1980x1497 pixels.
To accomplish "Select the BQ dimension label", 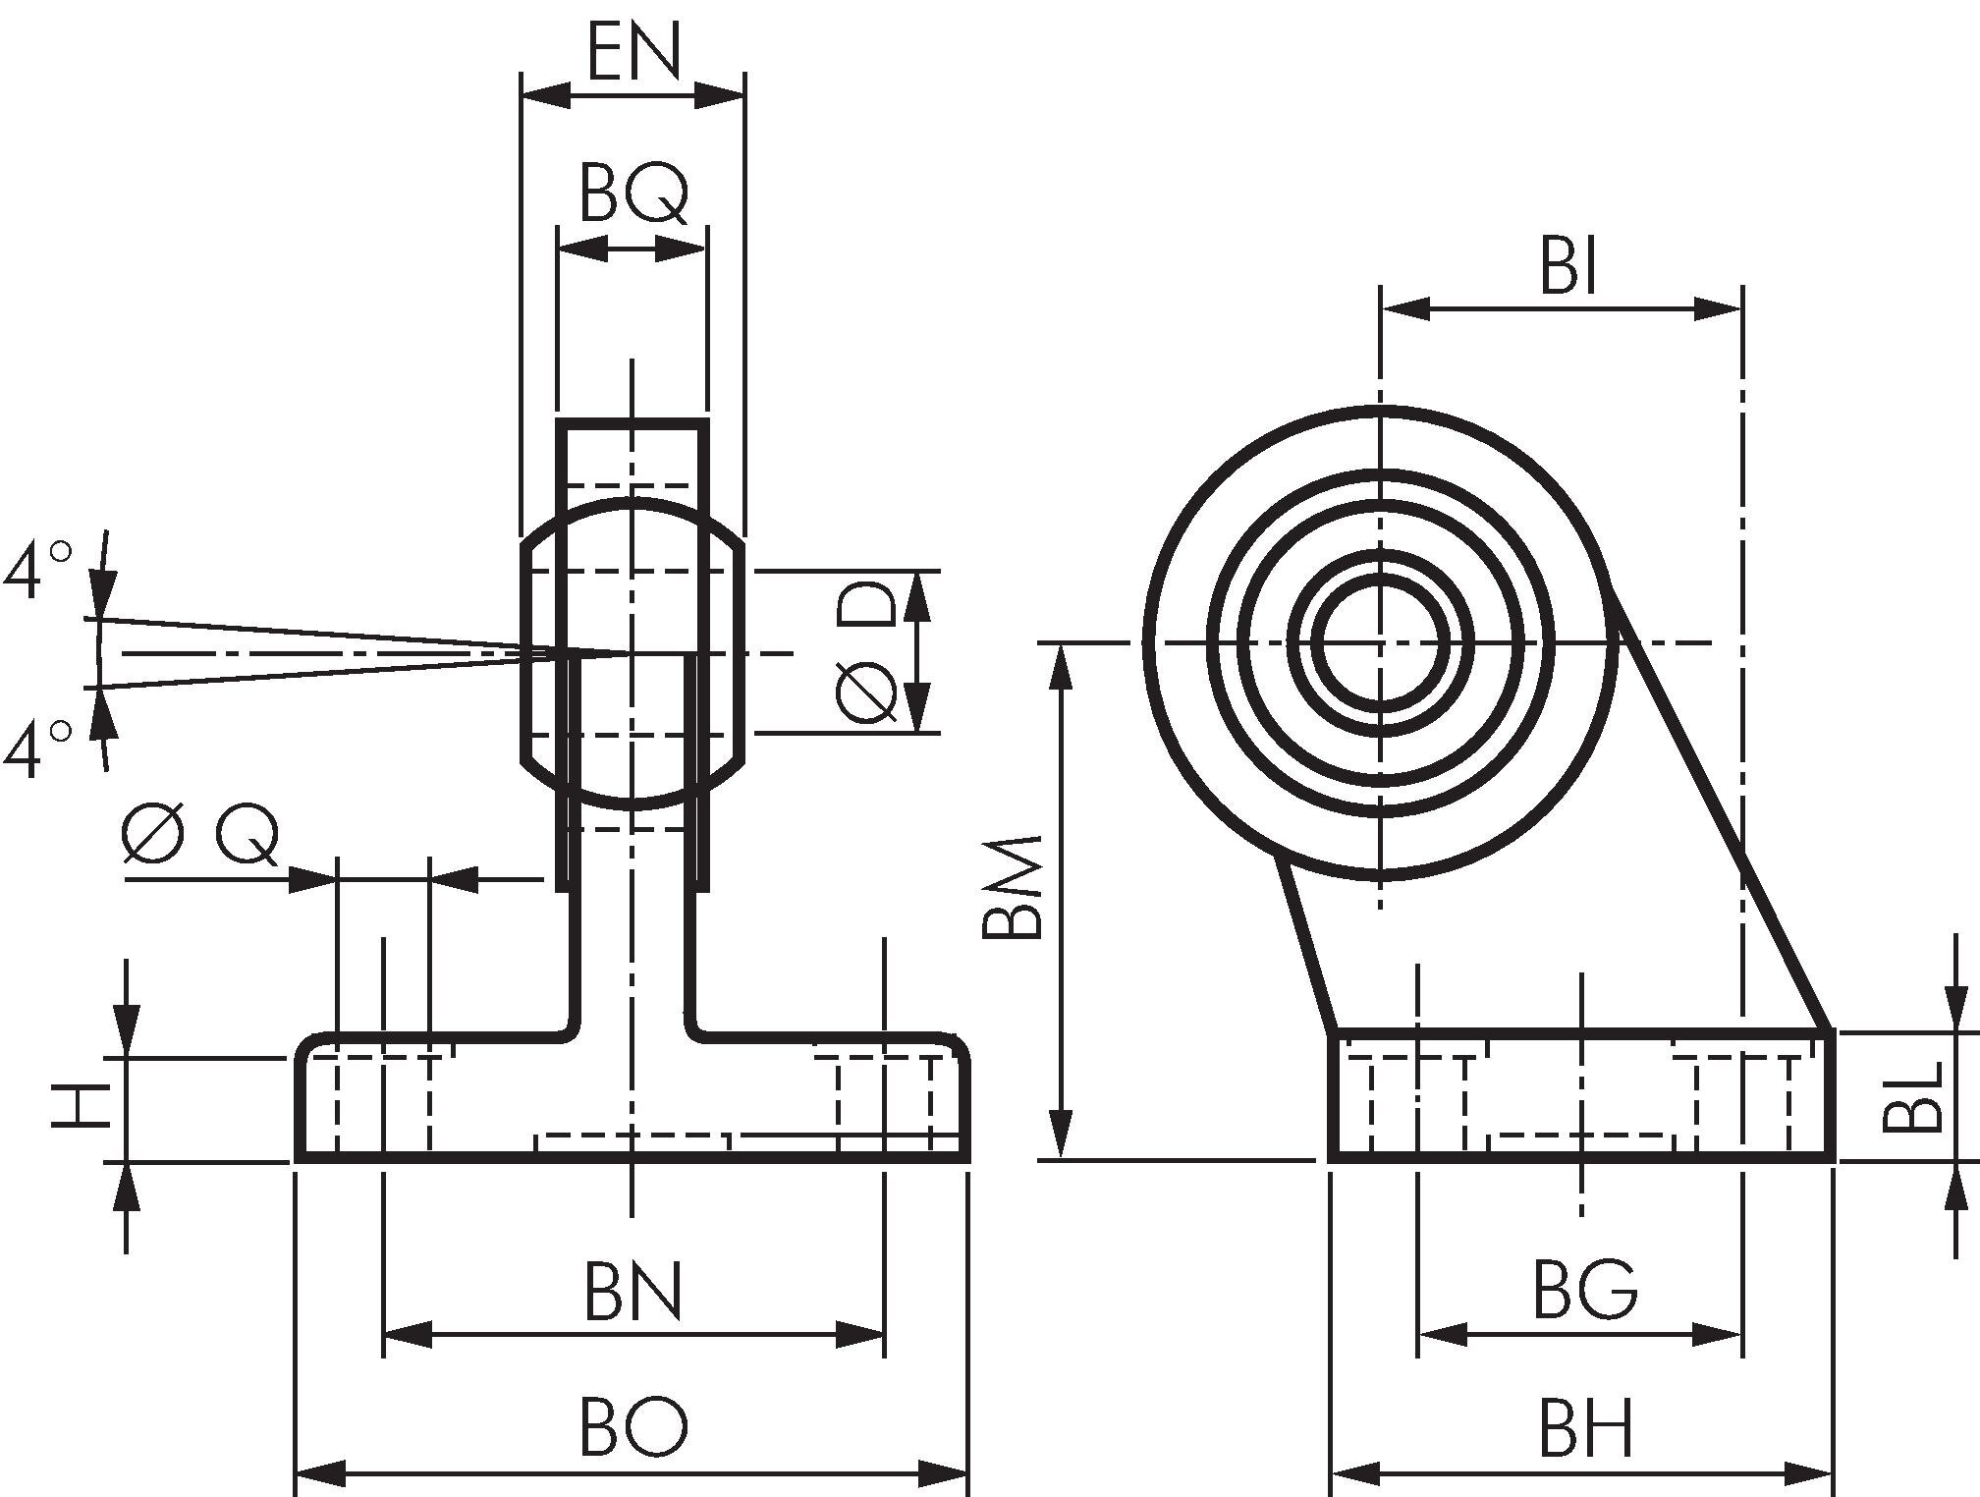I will [633, 194].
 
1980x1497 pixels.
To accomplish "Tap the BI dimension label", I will [1568, 266].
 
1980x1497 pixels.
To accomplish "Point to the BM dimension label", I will [1012, 889].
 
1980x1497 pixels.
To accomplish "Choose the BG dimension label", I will [1584, 1291].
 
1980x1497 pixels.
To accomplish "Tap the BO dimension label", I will [632, 1427].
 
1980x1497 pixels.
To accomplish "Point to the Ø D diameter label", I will [866, 651].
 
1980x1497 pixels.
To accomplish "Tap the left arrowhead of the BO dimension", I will [320, 1473].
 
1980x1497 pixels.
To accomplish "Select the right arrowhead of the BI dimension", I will [1719, 309].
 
